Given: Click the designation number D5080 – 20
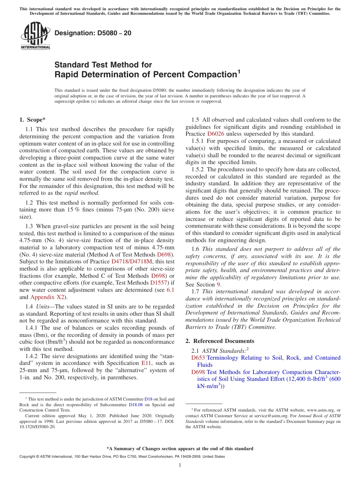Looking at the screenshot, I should point(93,33).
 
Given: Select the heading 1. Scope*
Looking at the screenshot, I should point(33,120).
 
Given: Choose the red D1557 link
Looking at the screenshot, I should point(159,283).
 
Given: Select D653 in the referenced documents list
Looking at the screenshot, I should point(198,358).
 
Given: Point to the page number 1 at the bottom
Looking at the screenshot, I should point(180,465).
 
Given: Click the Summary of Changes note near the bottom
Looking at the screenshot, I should point(180,449).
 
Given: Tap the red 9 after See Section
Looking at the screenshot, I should point(219,284).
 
